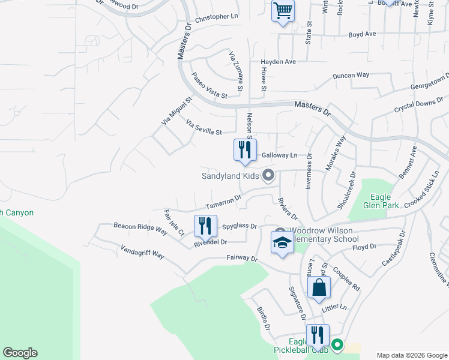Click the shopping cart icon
click(x=283, y=11)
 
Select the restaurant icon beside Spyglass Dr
click(x=205, y=226)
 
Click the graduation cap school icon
click(x=282, y=243)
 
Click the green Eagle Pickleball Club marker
click(x=337, y=345)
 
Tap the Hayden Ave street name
click(x=279, y=62)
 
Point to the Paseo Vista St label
click(x=209, y=86)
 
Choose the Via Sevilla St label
click(x=204, y=127)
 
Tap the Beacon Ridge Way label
click(x=140, y=228)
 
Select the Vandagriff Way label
click(x=142, y=251)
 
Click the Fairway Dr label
click(x=242, y=259)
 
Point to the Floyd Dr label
click(x=364, y=247)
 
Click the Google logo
click(x=20, y=353)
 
